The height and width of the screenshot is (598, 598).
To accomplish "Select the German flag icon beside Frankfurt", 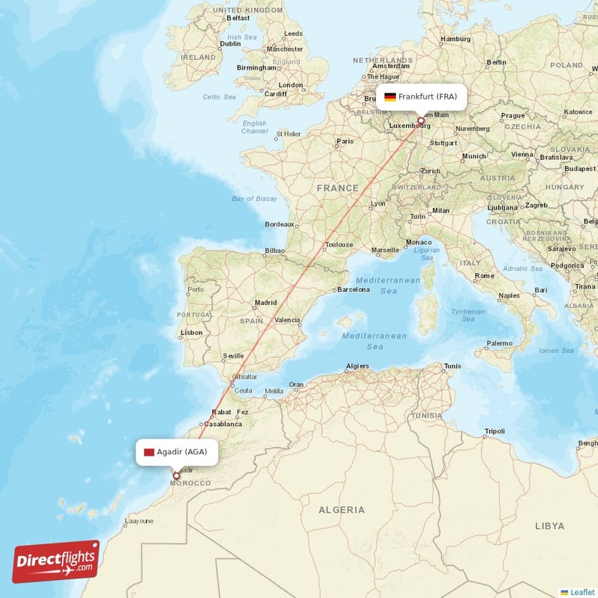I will [x=390, y=96].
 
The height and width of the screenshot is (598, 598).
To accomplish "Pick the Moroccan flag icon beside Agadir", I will [x=149, y=452].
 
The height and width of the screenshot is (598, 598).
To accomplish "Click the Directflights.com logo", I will [x=56, y=561].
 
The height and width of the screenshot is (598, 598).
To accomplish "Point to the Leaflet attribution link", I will [x=578, y=591].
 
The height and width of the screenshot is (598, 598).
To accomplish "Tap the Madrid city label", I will [x=265, y=303].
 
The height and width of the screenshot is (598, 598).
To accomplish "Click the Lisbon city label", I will [x=191, y=333].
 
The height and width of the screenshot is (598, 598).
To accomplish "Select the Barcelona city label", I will [x=354, y=289].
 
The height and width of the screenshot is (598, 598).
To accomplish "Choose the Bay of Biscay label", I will [x=254, y=199].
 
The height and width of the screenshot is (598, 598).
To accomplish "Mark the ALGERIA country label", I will [x=342, y=510].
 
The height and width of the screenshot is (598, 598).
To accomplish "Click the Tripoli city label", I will [x=495, y=431].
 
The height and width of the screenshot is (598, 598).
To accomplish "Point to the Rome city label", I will [x=484, y=276].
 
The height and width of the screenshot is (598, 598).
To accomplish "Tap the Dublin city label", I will [x=230, y=43].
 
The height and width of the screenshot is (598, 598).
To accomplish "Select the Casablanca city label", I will [x=224, y=424].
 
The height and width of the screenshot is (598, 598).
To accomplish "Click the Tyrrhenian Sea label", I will [x=468, y=315].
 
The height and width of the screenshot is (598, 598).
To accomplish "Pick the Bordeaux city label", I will [x=280, y=224].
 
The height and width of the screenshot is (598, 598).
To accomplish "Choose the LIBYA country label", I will [x=549, y=526].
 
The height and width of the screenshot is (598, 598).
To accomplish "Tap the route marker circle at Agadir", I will [x=176, y=475].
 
